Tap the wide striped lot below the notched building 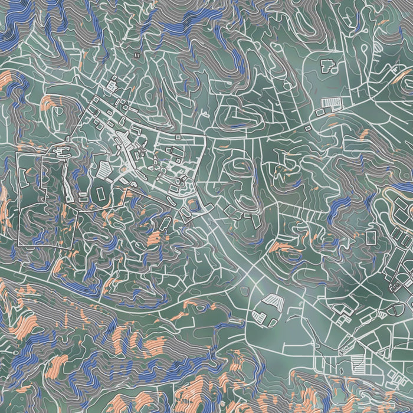[331, 104]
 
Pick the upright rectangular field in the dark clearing [100, 192]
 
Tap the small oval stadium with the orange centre [193, 205]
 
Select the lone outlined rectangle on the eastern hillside [371, 237]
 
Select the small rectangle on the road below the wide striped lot [309, 126]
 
